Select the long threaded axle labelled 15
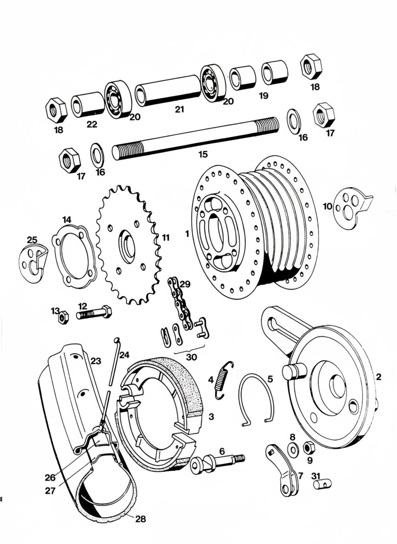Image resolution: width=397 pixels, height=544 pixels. (x=195, y=138)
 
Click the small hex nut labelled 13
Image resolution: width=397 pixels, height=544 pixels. (x=63, y=317)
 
